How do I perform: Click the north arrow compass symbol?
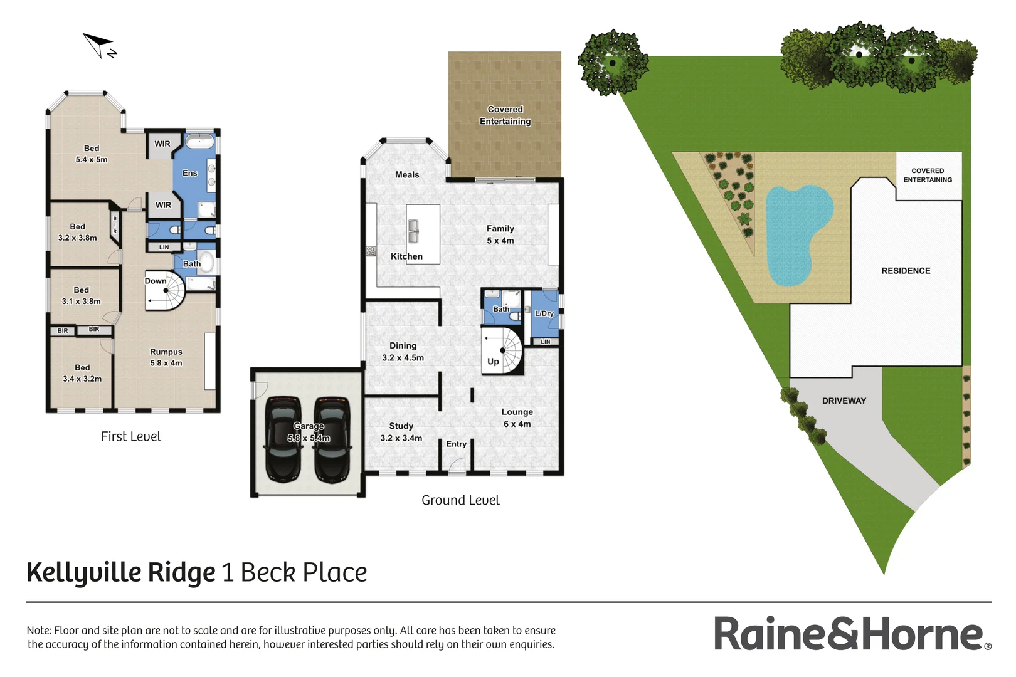click(x=99, y=45)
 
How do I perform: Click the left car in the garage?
click(x=283, y=439)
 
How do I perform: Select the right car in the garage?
click(x=331, y=439)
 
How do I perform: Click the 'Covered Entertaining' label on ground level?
click(x=505, y=115)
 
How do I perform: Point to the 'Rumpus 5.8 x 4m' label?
click(x=166, y=357)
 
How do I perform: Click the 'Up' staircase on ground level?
click(x=502, y=352)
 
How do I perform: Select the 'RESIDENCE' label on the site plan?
click(x=906, y=271)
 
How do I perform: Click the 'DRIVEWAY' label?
click(x=844, y=401)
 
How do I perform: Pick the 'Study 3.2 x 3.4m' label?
click(x=401, y=432)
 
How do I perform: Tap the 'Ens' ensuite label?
click(x=189, y=173)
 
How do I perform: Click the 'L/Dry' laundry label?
click(x=544, y=313)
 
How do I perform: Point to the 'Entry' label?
click(x=456, y=444)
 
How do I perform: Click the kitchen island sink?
click(x=413, y=231)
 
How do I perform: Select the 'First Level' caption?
click(x=131, y=436)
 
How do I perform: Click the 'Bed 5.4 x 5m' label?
click(x=92, y=154)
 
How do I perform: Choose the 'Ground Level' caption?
click(x=460, y=500)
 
